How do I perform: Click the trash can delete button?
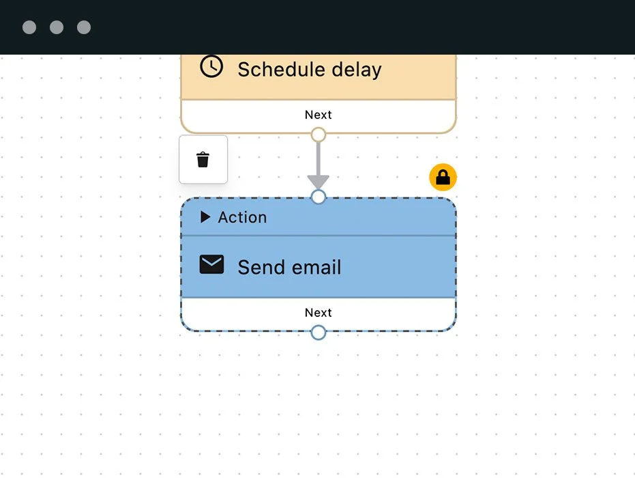point(203,159)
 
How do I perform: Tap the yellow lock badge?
point(443,177)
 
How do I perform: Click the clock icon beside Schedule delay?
point(211,66)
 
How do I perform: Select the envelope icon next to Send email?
point(211,264)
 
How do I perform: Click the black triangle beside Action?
point(205,217)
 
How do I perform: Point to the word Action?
point(243,217)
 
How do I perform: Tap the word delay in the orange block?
point(357,70)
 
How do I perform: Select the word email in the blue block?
point(316,267)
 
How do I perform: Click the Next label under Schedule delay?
point(319,115)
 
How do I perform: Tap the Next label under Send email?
point(319,313)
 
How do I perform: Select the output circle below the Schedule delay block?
point(319,135)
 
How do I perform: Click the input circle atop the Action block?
point(319,197)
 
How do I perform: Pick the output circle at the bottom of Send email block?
point(319,333)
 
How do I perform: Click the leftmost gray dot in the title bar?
point(29,27)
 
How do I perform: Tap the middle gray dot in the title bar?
point(57,27)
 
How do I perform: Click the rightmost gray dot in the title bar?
point(84,27)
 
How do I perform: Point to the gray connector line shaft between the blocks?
point(319,159)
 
